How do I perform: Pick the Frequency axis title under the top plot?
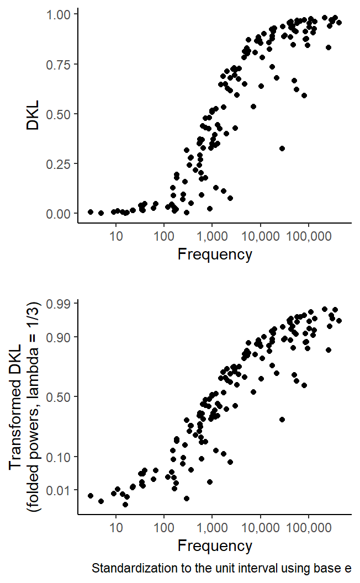215,255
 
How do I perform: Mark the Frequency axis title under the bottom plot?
215,546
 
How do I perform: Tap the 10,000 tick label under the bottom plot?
260,528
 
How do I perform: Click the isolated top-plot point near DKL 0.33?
282,148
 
